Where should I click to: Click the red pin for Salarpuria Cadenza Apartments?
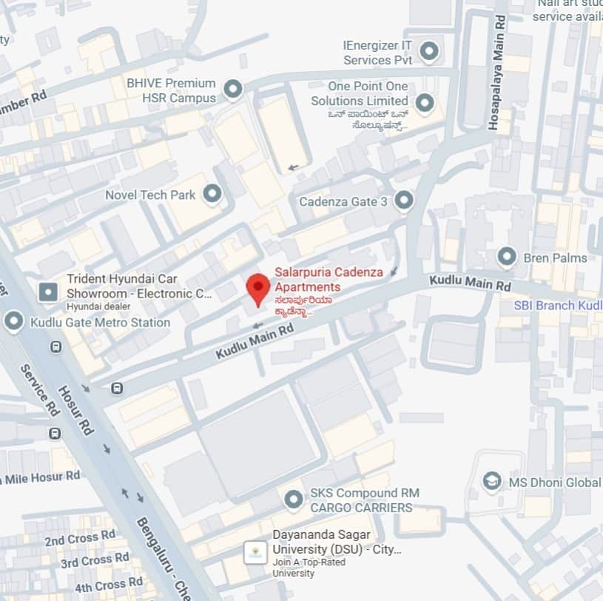257,288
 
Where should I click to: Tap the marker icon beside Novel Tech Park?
212,195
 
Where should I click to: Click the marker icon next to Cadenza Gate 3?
403,201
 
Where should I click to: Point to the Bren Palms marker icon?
507,258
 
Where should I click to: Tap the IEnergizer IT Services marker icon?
428,52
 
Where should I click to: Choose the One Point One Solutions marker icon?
424,103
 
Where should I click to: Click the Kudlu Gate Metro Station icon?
13,322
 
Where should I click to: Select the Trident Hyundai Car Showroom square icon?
48,292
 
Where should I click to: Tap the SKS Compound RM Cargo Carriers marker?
294,500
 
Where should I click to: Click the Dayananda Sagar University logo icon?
256,553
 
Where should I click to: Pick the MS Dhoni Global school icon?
492,483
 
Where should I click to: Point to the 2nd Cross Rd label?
80,538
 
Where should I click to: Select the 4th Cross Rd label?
109,585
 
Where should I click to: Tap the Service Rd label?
39,390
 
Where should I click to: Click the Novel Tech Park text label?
150,195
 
